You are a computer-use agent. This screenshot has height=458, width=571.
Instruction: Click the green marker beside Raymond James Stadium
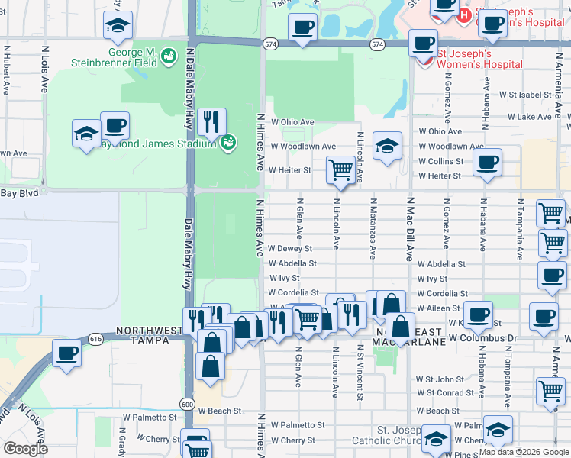(x=227, y=142)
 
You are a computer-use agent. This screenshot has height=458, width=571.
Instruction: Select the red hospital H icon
(x=464, y=15)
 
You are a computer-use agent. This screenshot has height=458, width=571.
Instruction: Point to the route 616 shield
(x=95, y=338)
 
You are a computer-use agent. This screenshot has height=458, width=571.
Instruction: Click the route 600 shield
(x=188, y=403)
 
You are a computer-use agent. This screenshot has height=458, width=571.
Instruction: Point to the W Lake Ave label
(x=539, y=117)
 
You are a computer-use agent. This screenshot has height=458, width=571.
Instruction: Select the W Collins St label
(x=440, y=161)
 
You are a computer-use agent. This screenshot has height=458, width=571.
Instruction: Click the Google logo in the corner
(x=25, y=448)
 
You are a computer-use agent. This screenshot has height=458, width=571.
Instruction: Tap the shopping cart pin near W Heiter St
(x=339, y=171)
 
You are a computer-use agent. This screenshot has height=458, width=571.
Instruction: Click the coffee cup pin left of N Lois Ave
(x=67, y=353)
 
